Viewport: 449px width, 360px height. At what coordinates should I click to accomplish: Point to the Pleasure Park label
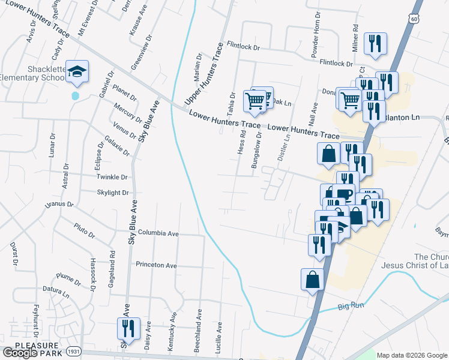pos(37,346)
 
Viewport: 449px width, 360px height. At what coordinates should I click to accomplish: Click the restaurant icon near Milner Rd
pos(376,44)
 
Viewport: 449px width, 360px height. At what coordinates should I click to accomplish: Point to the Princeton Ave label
pos(156,265)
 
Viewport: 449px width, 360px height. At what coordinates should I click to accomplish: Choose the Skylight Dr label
pos(113,193)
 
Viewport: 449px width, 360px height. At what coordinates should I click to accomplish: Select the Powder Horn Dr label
pos(315,42)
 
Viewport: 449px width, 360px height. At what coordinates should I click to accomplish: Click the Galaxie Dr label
pos(117,146)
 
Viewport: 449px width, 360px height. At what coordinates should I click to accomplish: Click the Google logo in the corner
pos(20,353)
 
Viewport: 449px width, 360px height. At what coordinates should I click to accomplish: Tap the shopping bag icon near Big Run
pos(313,280)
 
